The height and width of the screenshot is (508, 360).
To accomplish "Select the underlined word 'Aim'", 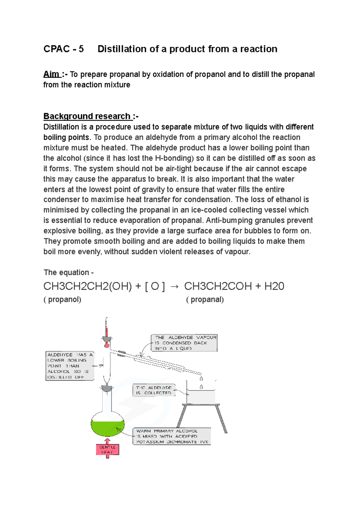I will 51,74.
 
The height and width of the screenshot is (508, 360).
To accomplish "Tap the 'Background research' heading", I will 87,116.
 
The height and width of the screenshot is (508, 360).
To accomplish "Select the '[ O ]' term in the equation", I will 155,286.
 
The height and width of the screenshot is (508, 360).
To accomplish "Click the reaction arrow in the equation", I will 174,287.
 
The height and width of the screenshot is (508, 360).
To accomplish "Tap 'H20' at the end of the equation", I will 274,286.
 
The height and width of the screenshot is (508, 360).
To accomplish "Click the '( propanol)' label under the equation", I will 62,300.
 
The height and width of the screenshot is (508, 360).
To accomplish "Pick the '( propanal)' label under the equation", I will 205,300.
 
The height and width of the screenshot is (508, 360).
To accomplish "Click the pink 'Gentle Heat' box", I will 107,450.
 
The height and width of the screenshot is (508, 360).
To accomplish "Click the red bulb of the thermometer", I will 106,345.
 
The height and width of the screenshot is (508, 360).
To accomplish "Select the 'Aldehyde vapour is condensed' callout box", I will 184,343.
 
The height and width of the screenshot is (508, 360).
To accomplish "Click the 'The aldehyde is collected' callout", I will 154,390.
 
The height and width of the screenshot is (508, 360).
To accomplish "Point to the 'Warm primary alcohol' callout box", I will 172,436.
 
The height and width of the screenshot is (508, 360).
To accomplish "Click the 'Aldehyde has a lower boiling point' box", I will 70,366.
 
